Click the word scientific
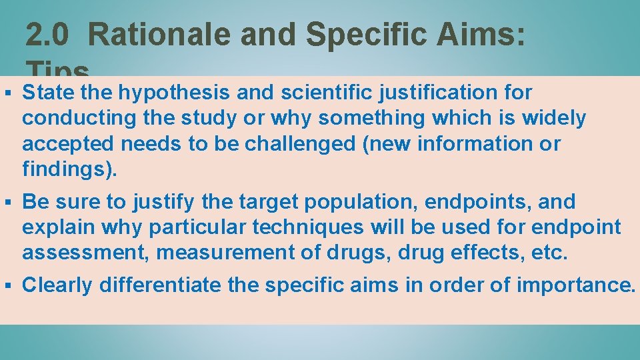point(293,92)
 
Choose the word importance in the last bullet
point(575,285)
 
